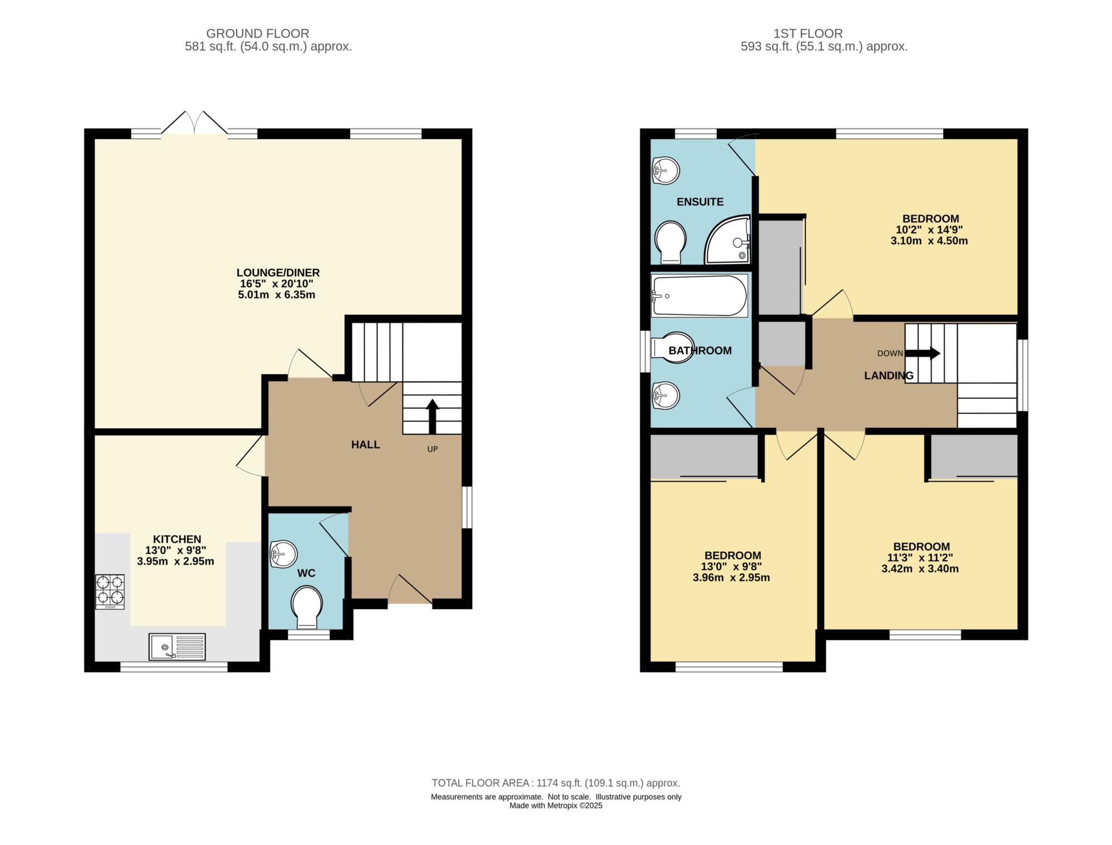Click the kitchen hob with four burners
click(x=110, y=591)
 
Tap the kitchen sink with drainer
click(x=177, y=646)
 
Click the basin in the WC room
click(x=283, y=554)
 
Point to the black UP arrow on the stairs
click(x=432, y=416)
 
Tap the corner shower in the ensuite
click(x=728, y=240)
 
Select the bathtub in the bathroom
click(x=699, y=296)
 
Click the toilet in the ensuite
click(x=671, y=242)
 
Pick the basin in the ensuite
click(x=665, y=170)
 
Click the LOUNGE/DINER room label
click(x=277, y=273)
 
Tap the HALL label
click(x=365, y=445)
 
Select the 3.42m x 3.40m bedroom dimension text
click(x=920, y=569)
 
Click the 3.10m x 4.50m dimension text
click(x=929, y=241)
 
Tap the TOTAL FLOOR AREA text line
click(x=555, y=783)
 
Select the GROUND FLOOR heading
click(x=257, y=34)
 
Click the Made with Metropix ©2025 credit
click(x=555, y=806)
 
